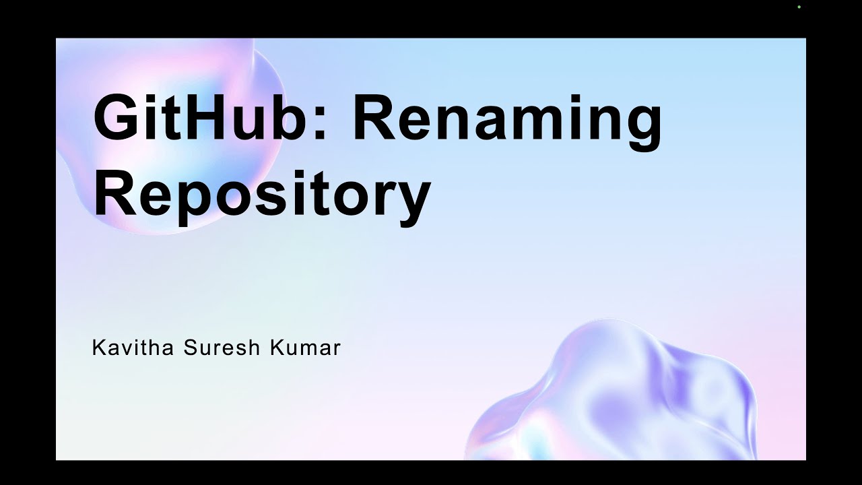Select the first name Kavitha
pos(133,348)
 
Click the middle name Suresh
pos(215,348)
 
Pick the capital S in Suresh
pos(189,348)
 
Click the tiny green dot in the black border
pos(799,7)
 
